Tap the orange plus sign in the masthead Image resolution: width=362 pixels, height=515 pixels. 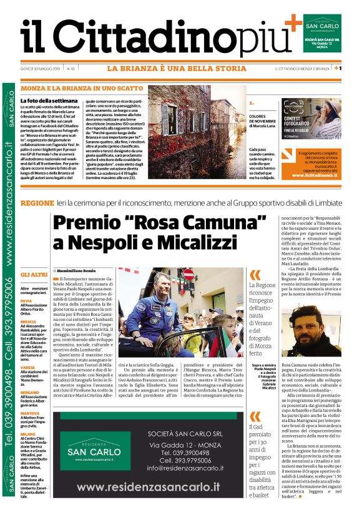click(x=292, y=24)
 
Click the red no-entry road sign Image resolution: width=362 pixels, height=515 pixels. click(x=188, y=275)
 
